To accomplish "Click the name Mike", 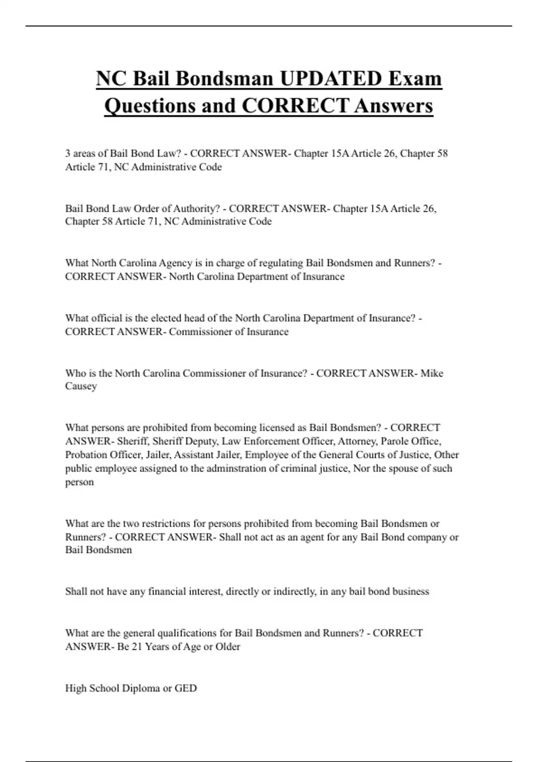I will (432, 373).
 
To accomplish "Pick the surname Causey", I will (81, 386).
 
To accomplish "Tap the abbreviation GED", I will (186, 688).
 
